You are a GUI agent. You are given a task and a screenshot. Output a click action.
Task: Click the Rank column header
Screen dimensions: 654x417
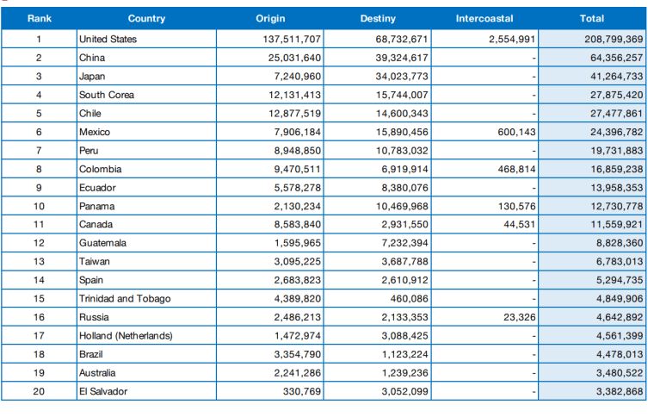point(40,18)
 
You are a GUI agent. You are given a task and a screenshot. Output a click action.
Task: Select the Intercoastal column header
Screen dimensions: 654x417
point(484,18)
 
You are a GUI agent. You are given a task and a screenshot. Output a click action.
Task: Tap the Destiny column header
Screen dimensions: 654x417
point(378,18)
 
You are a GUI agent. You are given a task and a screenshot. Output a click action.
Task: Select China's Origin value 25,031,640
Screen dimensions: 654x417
point(294,58)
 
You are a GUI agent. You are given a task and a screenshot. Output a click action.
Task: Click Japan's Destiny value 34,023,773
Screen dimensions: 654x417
point(402,77)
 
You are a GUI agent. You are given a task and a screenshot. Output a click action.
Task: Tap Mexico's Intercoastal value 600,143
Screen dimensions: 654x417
point(516,132)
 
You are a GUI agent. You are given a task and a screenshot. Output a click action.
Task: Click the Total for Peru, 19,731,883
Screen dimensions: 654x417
point(616,151)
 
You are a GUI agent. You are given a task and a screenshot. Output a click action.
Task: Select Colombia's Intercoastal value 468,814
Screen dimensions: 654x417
point(516,169)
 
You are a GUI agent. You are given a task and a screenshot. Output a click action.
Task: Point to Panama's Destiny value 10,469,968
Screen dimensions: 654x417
point(402,206)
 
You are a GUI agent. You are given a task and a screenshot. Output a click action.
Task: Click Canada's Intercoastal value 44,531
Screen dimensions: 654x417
point(519,225)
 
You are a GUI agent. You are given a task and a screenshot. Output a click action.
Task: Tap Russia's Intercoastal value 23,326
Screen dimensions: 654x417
point(519,317)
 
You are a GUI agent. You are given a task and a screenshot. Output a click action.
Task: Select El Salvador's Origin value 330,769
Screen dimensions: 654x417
point(301,391)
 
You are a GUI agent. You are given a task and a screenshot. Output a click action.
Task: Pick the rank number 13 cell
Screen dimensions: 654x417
point(39,262)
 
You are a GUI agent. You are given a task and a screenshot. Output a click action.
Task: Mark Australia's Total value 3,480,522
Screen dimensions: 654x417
point(620,373)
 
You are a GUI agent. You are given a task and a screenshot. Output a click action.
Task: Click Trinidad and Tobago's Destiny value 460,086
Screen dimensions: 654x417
point(409,299)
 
